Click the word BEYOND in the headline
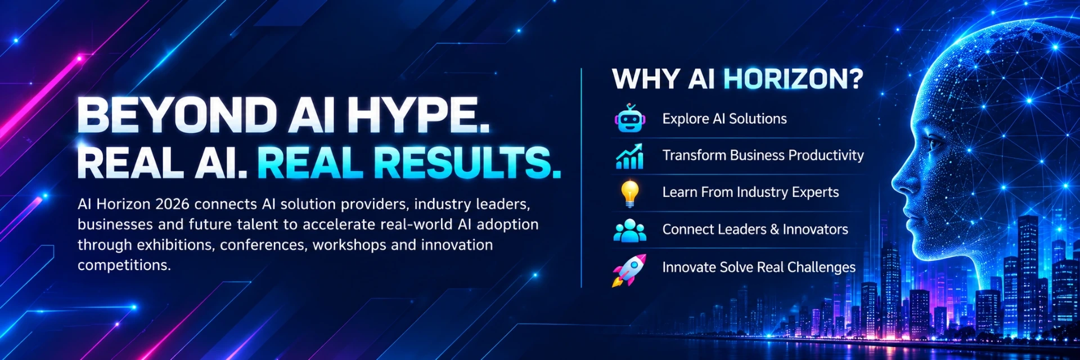[x=177, y=115]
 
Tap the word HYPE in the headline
[x=417, y=115]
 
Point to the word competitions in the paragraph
[x=124, y=265]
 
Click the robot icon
[x=629, y=118]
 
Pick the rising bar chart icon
[x=629, y=156]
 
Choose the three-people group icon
[x=629, y=230]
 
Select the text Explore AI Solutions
[x=724, y=119]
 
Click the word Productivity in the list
[x=826, y=156]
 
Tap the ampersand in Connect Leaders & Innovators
[x=775, y=229]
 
